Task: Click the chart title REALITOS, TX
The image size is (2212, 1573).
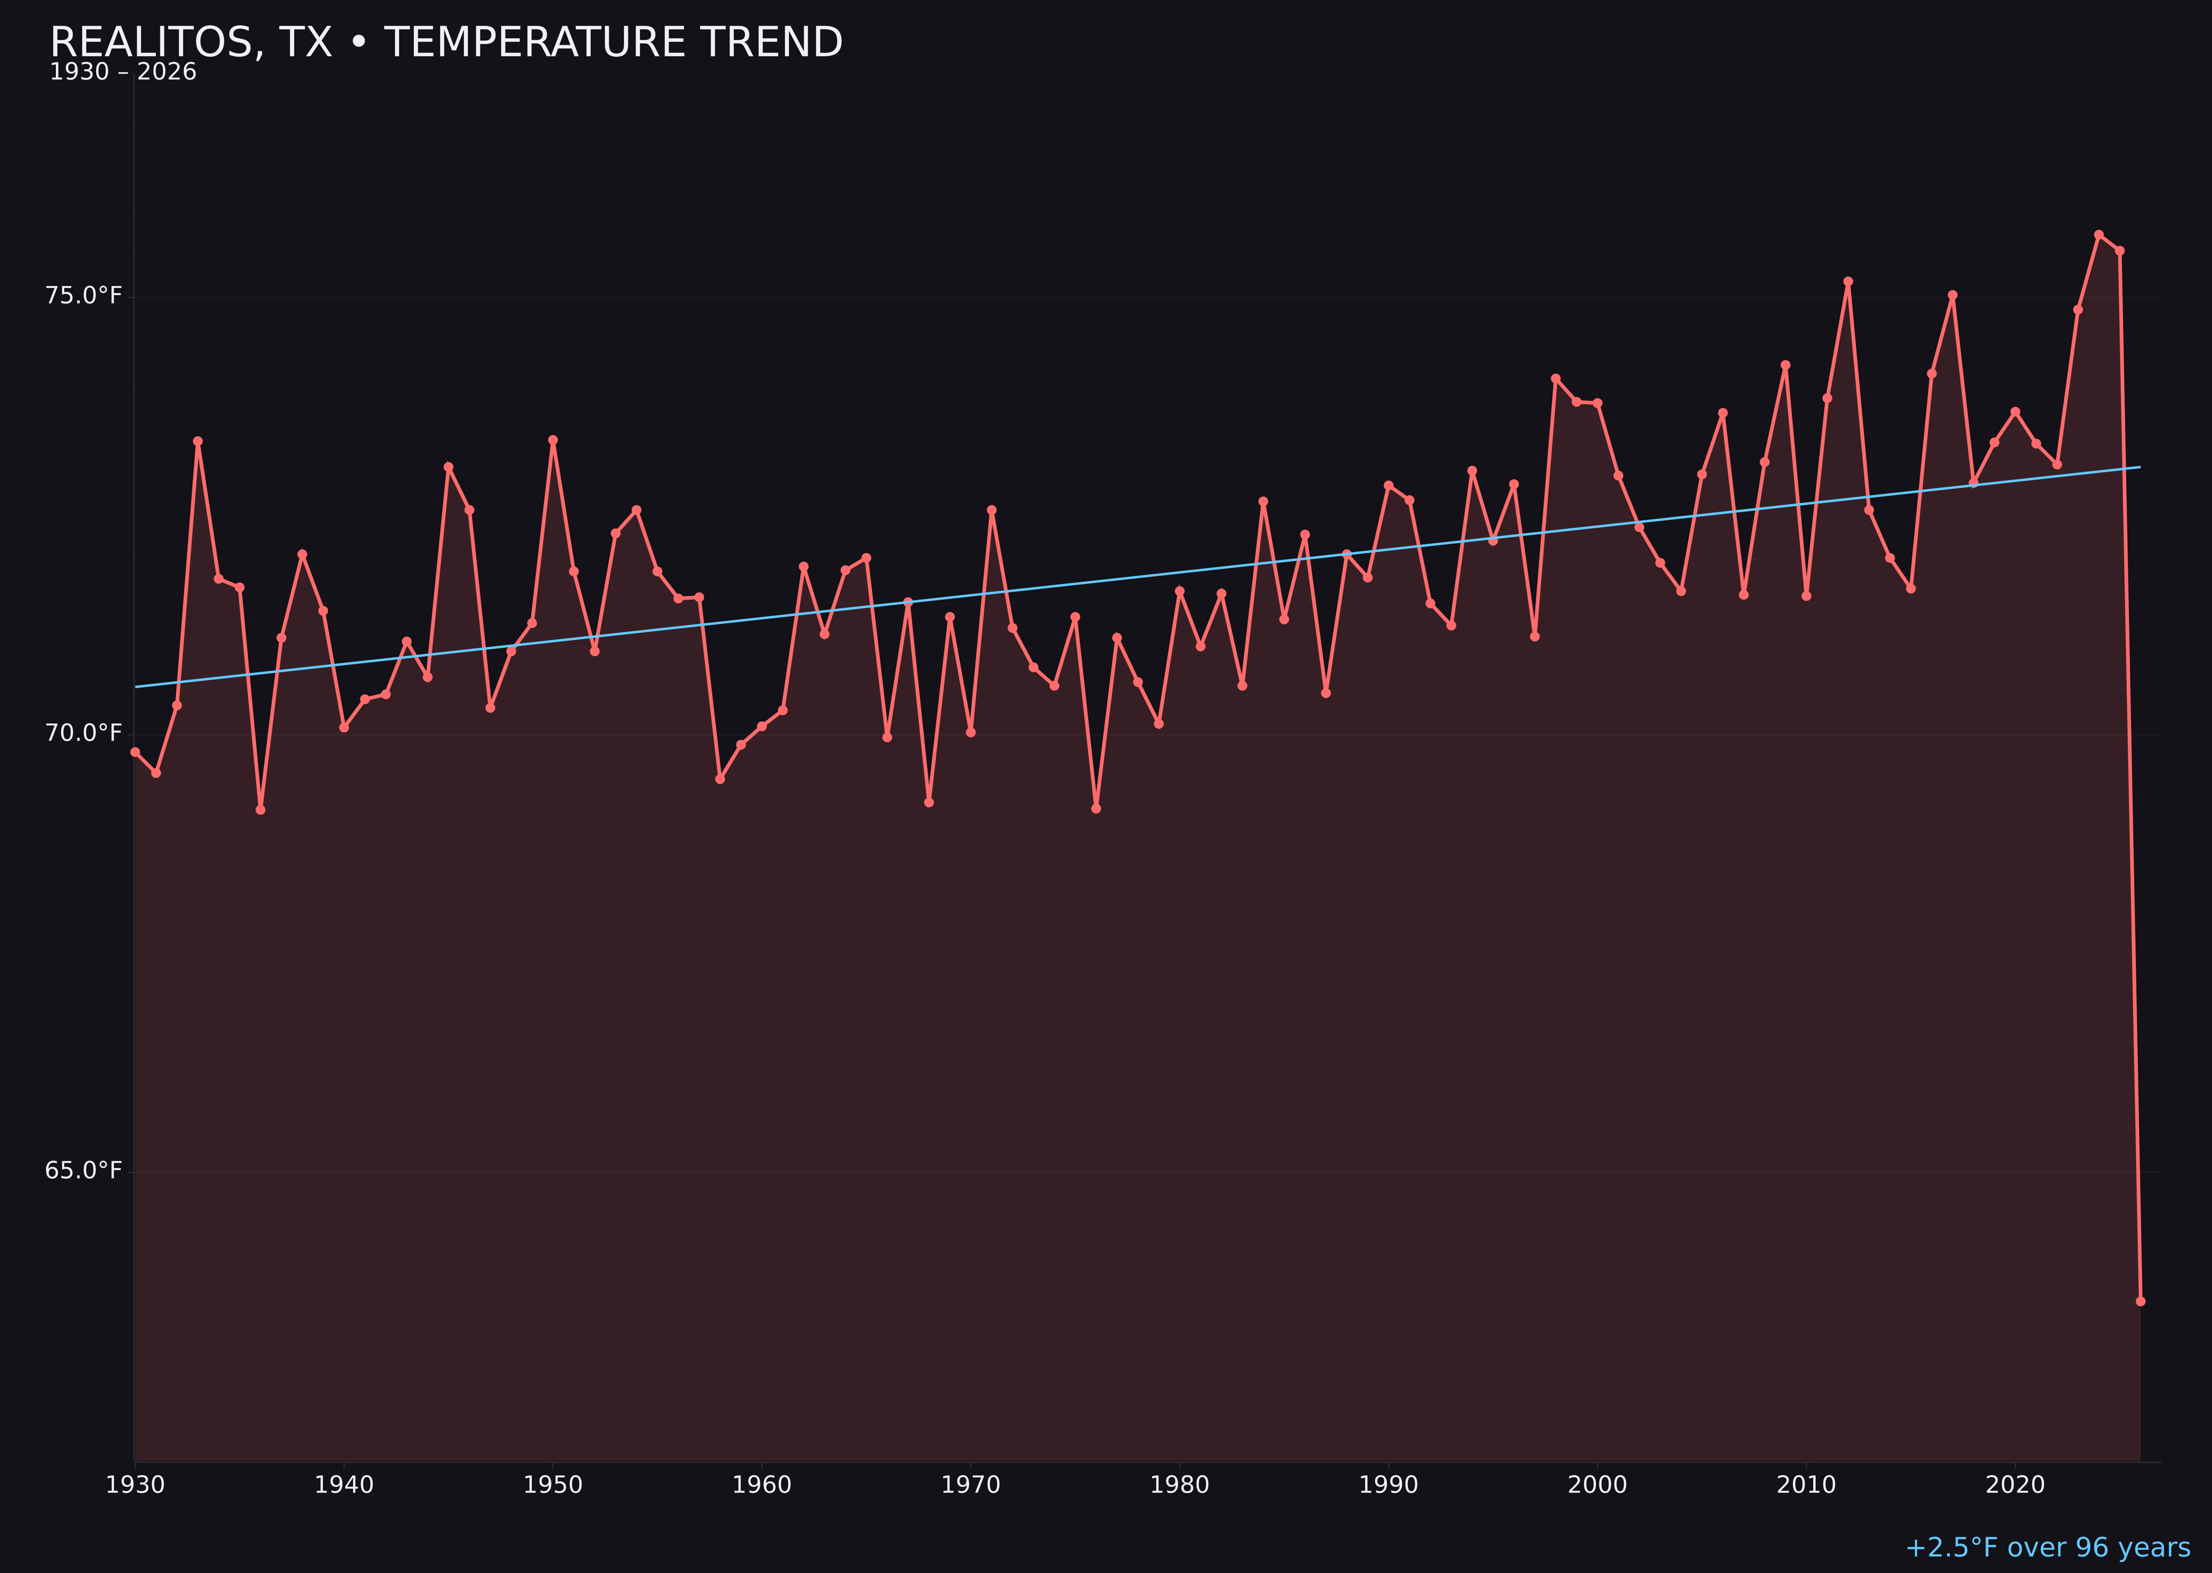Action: click(446, 43)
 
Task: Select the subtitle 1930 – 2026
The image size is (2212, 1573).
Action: click(123, 72)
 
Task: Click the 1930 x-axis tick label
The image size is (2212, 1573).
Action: click(134, 1485)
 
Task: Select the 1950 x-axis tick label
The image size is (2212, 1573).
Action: click(553, 1485)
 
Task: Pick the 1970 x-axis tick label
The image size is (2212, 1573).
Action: click(971, 1485)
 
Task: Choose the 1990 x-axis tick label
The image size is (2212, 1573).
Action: click(1388, 1485)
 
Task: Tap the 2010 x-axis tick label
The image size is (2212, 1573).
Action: click(1806, 1485)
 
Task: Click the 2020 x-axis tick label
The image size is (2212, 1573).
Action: click(2015, 1485)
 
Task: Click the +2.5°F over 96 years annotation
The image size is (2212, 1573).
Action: click(2047, 1548)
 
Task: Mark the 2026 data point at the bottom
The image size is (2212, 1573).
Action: click(2140, 1301)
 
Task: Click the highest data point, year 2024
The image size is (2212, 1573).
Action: click(2099, 235)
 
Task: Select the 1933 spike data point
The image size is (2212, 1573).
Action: click(197, 441)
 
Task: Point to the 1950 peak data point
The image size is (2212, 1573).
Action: click(553, 440)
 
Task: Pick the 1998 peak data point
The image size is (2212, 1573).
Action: click(1556, 378)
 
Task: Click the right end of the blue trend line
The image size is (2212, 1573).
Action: click(2140, 468)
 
